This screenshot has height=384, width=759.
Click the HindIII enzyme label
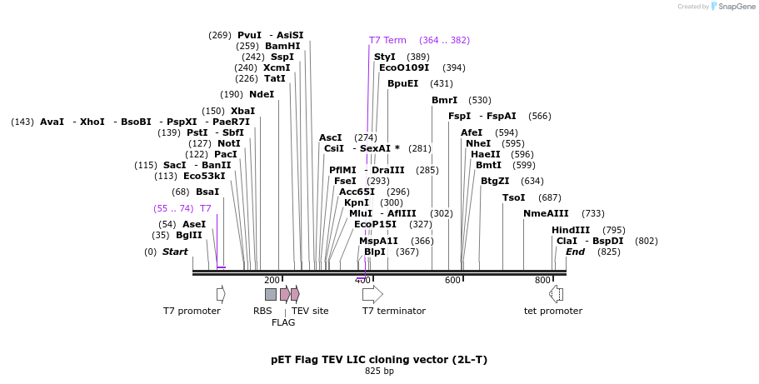pos(571,230)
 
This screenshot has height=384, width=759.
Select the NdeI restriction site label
pos(261,94)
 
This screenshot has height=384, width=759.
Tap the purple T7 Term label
pos(387,40)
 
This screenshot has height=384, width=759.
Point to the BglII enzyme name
pos(188,235)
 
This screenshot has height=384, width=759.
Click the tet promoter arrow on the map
pos(556,293)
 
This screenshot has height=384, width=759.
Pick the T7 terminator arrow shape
pos(372,294)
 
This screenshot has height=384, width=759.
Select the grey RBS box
pos(271,294)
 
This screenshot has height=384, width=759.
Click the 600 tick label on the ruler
pos(452,280)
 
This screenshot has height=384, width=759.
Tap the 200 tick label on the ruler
pos(272,280)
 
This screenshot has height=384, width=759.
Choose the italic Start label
pos(175,252)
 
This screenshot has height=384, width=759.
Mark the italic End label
pos(575,252)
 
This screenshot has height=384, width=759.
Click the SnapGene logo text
pos(733,7)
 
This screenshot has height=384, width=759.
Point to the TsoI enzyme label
pos(514,197)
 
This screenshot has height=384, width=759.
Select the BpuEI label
pos(402,83)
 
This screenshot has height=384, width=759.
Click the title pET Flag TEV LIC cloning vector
pos(379,360)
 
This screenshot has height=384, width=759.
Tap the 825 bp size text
pos(379,372)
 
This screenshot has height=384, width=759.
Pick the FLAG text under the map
pos(283,322)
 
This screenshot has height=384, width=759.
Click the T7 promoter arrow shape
pos(221,294)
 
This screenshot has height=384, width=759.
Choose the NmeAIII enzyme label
pos(546,213)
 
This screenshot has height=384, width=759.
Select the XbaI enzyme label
pos(242,111)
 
